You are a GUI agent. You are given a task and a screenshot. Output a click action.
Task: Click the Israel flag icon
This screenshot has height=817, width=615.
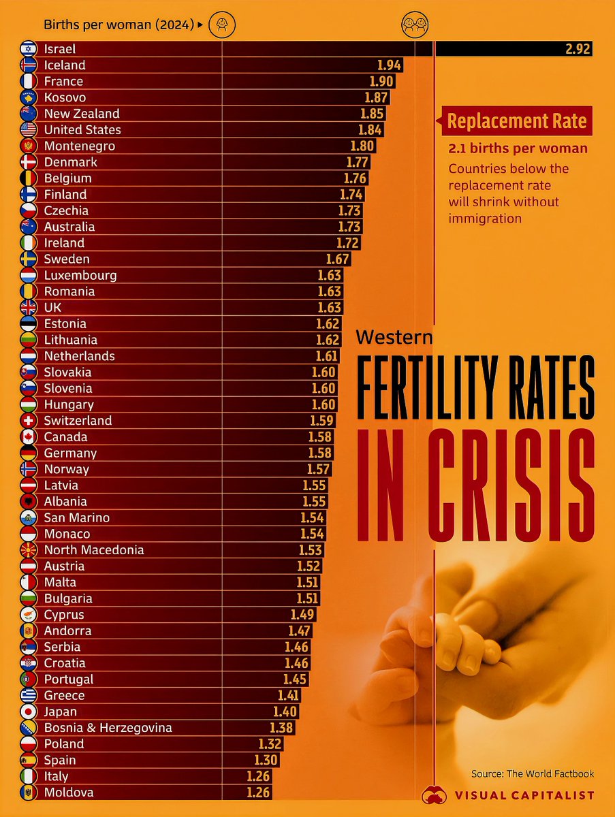[29, 49]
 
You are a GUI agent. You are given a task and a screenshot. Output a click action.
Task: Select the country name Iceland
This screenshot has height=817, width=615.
[65, 65]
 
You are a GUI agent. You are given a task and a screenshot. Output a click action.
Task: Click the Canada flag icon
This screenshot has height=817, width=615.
[29, 437]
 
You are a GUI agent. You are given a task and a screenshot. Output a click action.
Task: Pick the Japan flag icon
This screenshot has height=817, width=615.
[29, 712]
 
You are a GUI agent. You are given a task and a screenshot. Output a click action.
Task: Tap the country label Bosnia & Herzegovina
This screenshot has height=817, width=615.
[108, 728]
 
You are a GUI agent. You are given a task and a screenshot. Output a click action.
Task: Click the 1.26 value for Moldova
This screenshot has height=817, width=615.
[257, 792]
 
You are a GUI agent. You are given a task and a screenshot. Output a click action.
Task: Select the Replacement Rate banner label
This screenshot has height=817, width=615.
[517, 122]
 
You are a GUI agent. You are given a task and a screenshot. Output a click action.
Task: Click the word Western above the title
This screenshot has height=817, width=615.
[394, 336]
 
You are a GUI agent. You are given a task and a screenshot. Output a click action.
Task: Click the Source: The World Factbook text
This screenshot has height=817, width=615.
[533, 773]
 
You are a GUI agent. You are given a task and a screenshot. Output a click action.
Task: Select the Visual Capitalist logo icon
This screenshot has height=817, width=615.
[434, 795]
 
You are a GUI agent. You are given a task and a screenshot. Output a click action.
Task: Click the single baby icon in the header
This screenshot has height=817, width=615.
[222, 25]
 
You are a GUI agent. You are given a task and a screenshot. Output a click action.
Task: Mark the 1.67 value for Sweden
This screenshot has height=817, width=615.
[337, 259]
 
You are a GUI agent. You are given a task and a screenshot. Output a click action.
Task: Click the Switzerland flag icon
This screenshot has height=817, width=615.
[29, 421]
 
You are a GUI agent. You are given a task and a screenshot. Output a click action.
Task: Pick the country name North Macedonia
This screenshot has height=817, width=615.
[94, 550]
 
